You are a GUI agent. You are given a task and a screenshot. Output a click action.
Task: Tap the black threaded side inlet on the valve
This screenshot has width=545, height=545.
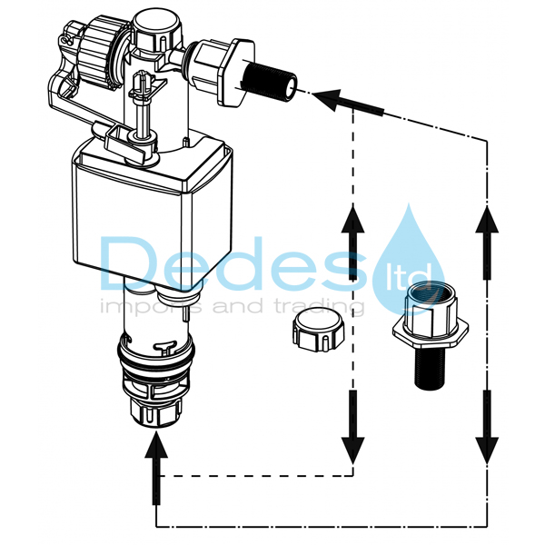tap(271, 81)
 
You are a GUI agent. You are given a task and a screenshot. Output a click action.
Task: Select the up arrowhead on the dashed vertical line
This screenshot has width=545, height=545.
tap(352, 219)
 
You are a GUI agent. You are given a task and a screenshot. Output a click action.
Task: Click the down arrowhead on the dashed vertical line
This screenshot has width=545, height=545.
tap(352, 451)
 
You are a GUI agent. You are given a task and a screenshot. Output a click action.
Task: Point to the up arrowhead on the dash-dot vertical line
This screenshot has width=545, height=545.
tap(487, 219)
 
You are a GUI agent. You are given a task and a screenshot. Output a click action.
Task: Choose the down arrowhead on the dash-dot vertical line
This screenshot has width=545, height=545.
tap(487, 451)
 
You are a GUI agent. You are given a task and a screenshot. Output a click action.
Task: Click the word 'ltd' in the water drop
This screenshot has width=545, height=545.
tap(410, 275)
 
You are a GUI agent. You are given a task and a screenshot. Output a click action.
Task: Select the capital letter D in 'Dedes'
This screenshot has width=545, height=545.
tap(130, 263)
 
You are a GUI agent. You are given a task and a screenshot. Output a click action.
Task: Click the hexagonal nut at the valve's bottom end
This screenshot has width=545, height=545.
tap(156, 411)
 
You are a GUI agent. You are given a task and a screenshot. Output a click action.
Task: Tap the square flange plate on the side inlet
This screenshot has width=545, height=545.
tap(236, 73)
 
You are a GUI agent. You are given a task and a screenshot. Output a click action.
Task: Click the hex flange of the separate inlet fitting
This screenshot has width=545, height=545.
tap(431, 332)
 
